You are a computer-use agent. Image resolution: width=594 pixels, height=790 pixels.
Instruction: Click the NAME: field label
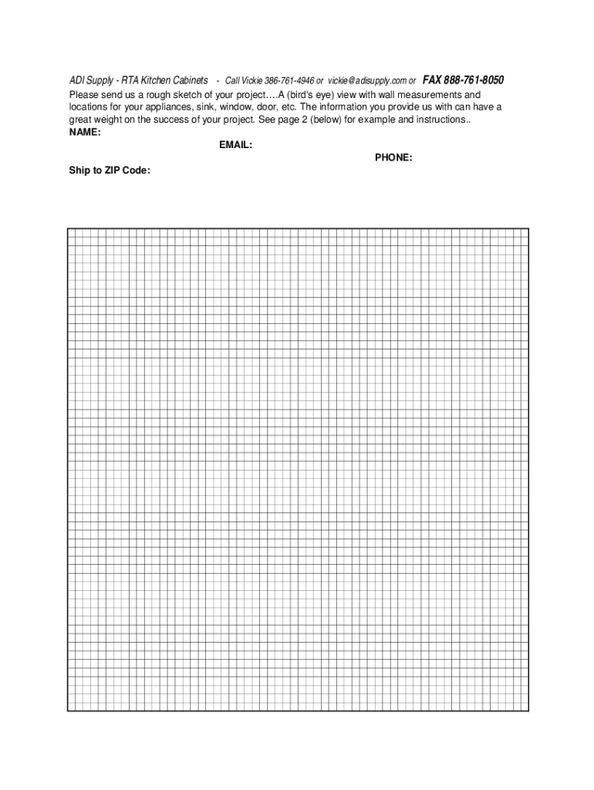85,132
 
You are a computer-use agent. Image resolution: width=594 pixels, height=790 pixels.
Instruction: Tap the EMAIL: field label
235,145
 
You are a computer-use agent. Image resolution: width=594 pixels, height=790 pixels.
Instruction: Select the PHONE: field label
393,157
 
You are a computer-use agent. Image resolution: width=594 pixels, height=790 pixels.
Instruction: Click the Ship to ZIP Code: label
110,170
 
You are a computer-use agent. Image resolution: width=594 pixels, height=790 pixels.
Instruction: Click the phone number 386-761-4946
289,81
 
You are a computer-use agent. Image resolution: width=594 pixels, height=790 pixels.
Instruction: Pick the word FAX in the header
432,80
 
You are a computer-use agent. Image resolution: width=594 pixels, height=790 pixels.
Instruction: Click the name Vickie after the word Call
251,81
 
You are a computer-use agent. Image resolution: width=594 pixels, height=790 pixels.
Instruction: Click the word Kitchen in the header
150,81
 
